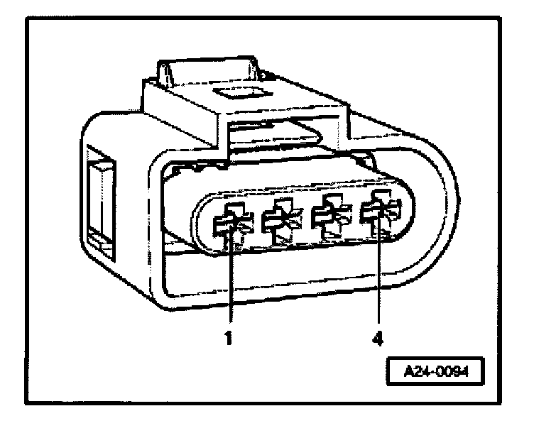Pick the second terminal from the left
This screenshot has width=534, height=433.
278,220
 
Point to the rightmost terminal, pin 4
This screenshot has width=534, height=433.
378,215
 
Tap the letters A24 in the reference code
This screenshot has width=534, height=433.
418,371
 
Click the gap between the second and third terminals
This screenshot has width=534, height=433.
304,220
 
